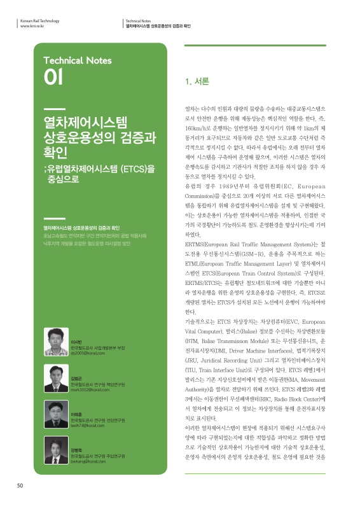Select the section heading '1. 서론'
(197, 82)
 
